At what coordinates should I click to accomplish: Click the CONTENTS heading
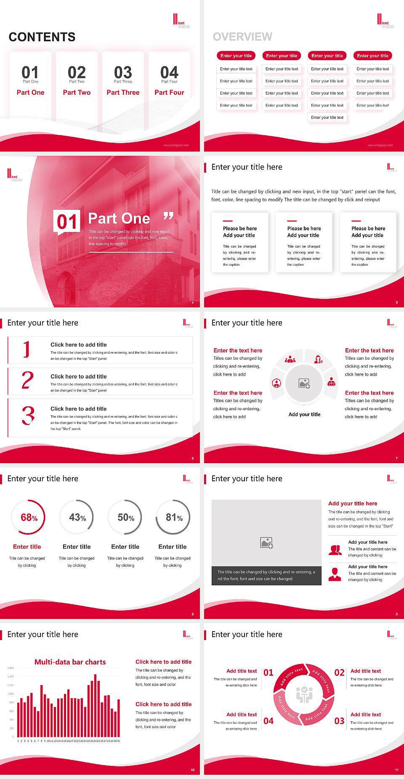42,37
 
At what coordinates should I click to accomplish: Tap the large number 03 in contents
123,72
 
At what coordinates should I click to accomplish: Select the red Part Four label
169,93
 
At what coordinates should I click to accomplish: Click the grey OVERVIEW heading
242,37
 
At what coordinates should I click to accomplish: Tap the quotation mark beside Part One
168,216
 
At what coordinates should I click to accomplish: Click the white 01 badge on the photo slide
67,221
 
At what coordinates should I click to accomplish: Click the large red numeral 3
28,415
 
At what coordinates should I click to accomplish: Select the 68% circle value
29,518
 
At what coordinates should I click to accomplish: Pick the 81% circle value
174,518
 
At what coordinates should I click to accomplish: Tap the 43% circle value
77,518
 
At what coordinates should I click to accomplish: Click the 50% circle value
126,518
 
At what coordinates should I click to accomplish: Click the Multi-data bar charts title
70,662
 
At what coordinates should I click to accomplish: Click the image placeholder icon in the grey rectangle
266,543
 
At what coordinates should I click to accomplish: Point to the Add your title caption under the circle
304,414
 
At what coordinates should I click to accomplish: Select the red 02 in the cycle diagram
339,672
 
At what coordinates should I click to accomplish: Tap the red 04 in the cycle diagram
268,721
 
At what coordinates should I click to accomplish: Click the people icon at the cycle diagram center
304,694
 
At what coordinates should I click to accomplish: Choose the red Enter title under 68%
27,547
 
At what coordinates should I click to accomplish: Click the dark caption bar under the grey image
266,575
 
